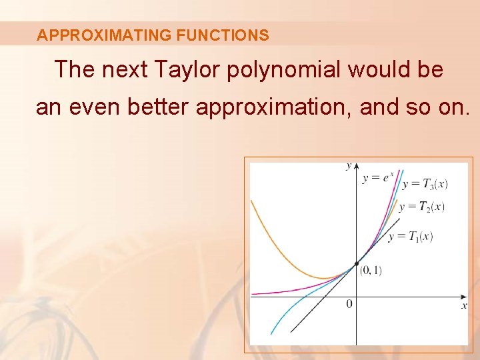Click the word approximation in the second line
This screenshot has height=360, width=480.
(273, 107)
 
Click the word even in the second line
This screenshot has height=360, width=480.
(95, 107)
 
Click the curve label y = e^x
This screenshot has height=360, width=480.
(378, 177)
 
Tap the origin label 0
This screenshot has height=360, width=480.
(349, 304)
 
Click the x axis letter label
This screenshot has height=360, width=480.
(464, 305)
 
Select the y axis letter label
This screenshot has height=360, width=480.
(348, 166)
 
